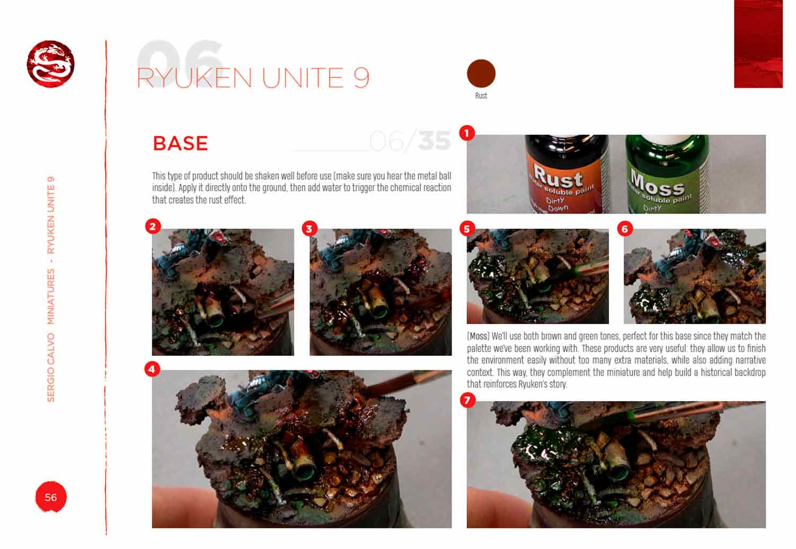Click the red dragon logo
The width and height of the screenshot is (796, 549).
click(x=50, y=64)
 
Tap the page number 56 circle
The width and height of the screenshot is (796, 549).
click(x=50, y=497)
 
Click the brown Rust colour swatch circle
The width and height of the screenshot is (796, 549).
click(x=481, y=73)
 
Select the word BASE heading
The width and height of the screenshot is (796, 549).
click(x=180, y=144)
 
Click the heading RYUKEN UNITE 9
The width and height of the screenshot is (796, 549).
click(x=253, y=78)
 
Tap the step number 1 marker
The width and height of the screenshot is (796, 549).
click(x=466, y=133)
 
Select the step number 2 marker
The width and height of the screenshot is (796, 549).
click(x=152, y=226)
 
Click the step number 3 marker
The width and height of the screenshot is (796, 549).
click(x=309, y=229)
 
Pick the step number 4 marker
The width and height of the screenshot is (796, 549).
click(x=152, y=369)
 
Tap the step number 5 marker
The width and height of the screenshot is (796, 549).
click(x=466, y=229)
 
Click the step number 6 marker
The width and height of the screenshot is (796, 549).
click(x=624, y=229)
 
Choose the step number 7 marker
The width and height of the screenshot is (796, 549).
click(x=467, y=400)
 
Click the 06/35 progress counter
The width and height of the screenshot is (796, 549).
click(x=409, y=141)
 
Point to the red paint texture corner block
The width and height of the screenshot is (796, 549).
click(x=758, y=43)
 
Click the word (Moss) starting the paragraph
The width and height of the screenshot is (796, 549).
click(x=478, y=336)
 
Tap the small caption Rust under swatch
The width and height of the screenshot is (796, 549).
click(x=481, y=96)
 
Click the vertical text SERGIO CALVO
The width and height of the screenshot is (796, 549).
click(x=51, y=367)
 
